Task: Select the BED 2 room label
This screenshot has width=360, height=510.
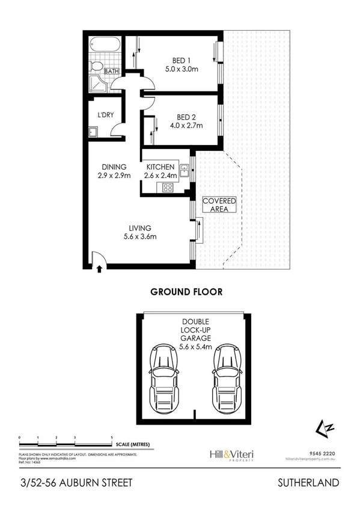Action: (182, 121)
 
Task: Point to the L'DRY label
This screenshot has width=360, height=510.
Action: (98, 116)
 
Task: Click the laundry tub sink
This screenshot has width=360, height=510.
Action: (93, 132)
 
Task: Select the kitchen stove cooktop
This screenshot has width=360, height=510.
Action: (168, 187)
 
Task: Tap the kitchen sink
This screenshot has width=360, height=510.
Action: (185, 170)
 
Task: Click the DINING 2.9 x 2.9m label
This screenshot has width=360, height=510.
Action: (114, 171)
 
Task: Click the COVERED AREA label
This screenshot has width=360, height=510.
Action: (219, 205)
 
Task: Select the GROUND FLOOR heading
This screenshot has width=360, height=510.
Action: (186, 292)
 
